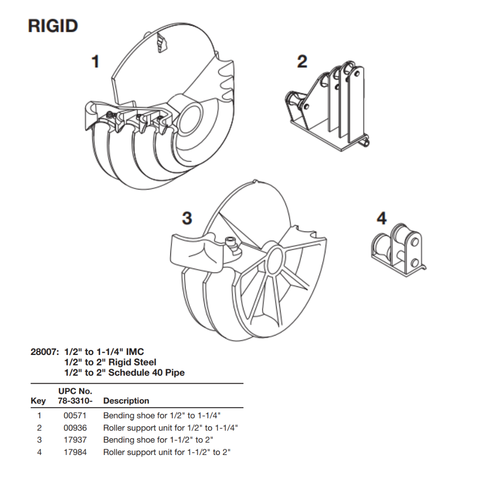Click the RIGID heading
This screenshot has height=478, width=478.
coord(53,26)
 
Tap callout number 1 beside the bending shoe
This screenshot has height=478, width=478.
coord(95,61)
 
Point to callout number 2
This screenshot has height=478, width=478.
coord(302,61)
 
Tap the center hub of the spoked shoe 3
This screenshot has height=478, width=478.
coord(275,258)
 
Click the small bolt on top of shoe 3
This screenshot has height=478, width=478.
coord(230,242)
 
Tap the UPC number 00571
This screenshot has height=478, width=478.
coord(75,416)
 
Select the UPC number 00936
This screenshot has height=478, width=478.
coord(75,428)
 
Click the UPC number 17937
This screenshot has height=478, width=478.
coord(75,440)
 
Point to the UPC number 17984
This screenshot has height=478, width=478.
coord(75,452)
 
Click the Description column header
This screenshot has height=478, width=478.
coord(126,401)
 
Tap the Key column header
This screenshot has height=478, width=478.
coord(38,401)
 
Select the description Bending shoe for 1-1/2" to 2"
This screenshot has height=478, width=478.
coord(162,440)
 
